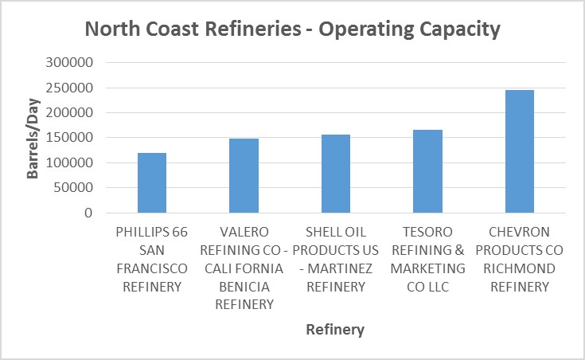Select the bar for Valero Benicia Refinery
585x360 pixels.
(x=244, y=176)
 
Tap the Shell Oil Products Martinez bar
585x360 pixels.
(x=336, y=174)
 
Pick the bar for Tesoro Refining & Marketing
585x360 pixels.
(x=427, y=171)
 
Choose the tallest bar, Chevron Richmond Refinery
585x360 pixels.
(x=520, y=151)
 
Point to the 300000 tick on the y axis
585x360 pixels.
(x=72, y=62)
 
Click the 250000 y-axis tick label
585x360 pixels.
(x=72, y=88)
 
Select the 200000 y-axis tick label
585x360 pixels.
(x=72, y=112)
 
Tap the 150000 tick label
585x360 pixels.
(x=72, y=138)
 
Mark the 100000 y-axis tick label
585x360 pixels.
(x=72, y=163)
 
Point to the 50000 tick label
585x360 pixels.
(x=75, y=188)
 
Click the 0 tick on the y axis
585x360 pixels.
(x=89, y=213)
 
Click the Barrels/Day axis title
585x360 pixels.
(x=33, y=138)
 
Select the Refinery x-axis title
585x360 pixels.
(x=335, y=329)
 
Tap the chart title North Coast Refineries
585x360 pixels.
(x=292, y=29)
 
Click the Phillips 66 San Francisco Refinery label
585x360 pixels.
(x=152, y=259)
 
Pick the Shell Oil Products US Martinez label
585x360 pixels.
(x=336, y=259)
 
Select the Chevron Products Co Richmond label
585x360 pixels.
(x=520, y=259)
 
